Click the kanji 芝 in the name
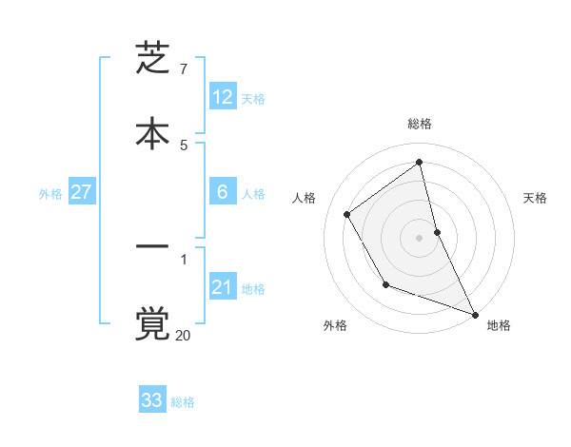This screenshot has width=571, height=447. click(x=152, y=59)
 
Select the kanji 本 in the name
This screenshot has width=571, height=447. click(x=152, y=133)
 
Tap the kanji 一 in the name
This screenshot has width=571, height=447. click(x=152, y=249)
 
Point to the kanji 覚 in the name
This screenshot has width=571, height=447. click(x=152, y=323)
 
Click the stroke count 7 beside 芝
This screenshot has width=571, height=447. click(x=183, y=69)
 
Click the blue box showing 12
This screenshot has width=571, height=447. click(x=223, y=97)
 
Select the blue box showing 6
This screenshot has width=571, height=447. click(x=223, y=192)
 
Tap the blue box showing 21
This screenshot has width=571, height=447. click(x=223, y=287)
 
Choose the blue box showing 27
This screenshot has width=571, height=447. click(x=82, y=192)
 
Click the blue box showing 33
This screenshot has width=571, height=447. click(x=152, y=400)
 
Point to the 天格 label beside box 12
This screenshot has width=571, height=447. click(x=253, y=99)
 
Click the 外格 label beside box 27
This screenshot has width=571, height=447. click(x=50, y=194)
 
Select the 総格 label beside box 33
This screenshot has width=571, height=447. click(x=183, y=402)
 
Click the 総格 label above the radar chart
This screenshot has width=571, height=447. click(x=420, y=124)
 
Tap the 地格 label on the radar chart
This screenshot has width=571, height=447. click(x=499, y=325)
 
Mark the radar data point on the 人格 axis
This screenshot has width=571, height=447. click(x=347, y=214)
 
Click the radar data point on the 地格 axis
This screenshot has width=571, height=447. click(x=476, y=315)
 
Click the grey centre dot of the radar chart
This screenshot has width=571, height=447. click(x=420, y=238)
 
